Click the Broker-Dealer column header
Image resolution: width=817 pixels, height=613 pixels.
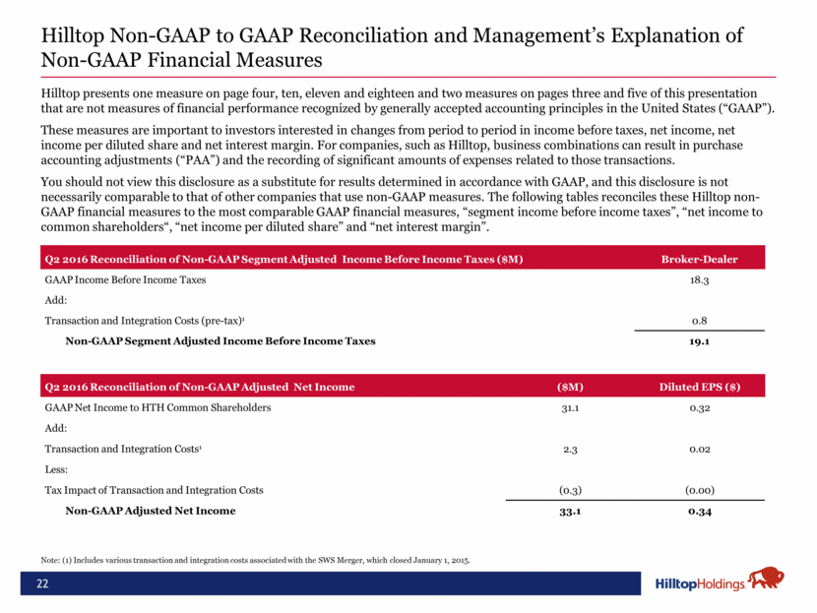tap(700, 260)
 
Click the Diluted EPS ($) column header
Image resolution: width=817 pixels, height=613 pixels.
tap(700, 386)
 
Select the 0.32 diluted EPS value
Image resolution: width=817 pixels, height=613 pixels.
tap(700, 406)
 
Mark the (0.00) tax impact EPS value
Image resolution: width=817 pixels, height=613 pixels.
tap(700, 490)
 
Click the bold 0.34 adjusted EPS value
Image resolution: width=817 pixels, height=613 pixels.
tap(700, 511)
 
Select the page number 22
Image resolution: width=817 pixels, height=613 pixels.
tap(43, 584)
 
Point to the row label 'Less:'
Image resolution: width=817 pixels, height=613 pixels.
tap(57, 469)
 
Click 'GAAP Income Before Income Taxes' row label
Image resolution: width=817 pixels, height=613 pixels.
tap(125, 280)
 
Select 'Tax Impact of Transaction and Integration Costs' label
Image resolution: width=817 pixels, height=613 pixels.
tap(154, 490)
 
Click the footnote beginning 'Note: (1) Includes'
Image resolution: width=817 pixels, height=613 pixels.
tap(257, 560)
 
